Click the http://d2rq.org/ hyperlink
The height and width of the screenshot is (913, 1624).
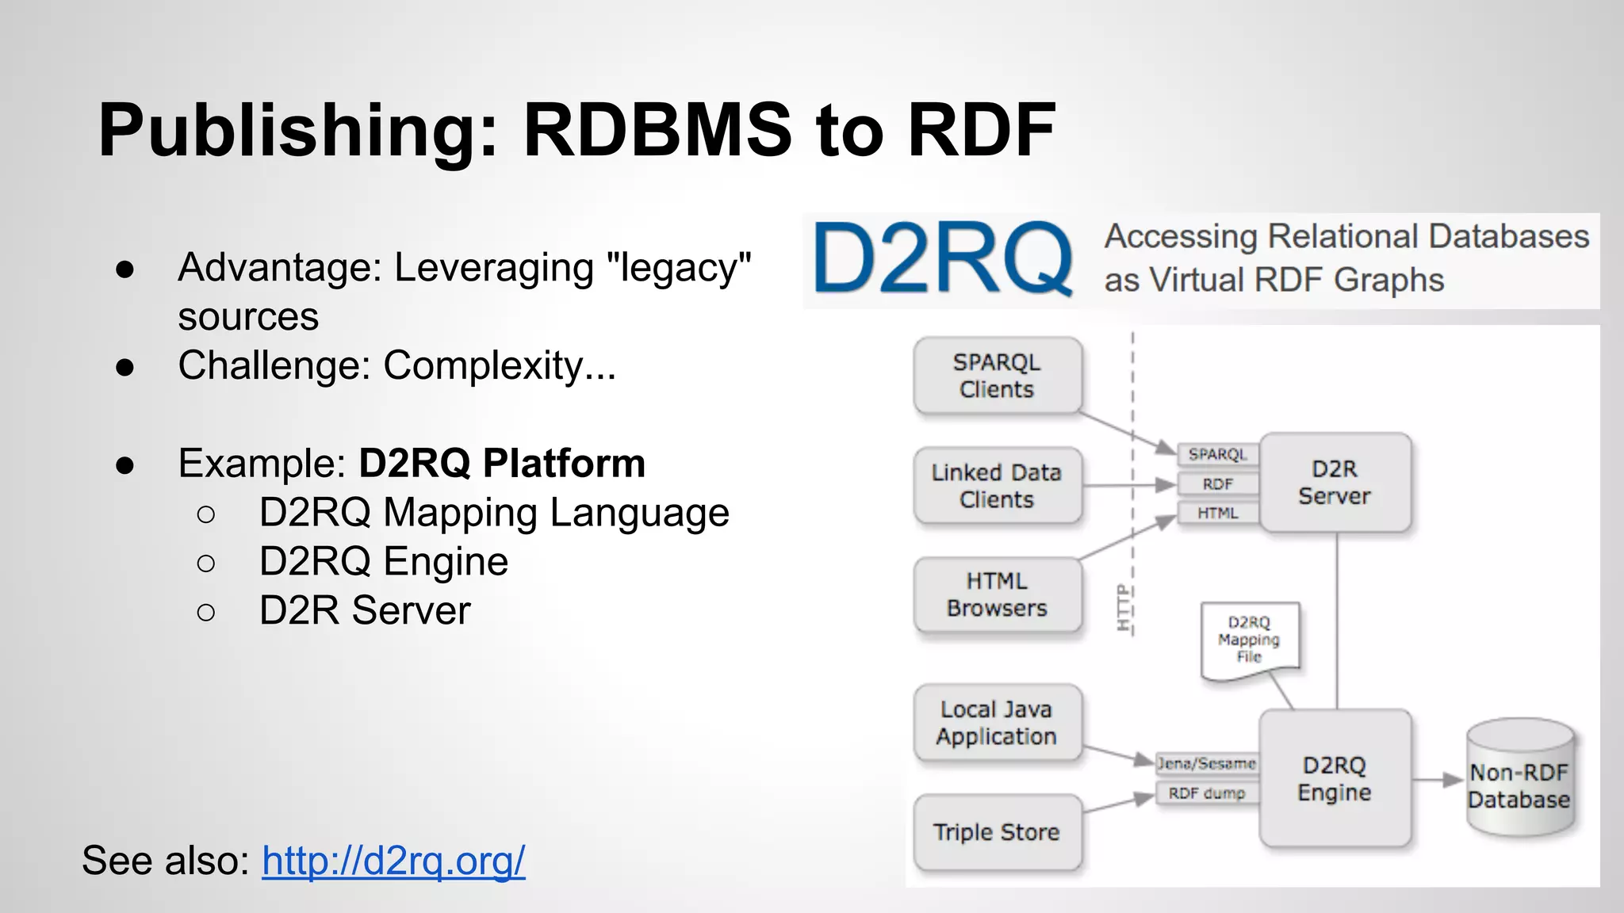pos(393,861)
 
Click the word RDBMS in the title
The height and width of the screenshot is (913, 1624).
pos(657,130)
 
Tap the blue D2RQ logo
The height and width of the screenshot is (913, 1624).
pos(942,259)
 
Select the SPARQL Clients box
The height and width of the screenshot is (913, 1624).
pos(997,376)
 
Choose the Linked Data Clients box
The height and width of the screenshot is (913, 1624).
pos(997,486)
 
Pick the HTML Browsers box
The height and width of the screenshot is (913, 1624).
pos(997,594)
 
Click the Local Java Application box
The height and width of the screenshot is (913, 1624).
pos(997,723)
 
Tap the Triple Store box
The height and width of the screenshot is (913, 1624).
pos(997,832)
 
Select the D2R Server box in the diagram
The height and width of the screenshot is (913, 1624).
pos(1335,483)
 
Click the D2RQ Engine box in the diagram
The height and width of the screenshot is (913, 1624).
pos(1335,779)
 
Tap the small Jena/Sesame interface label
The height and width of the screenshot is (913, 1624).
pos(1206,764)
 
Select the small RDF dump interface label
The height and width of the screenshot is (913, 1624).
pos(1206,793)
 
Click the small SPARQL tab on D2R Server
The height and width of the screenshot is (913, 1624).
pos(1217,454)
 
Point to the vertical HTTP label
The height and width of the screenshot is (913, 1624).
pos(1122,608)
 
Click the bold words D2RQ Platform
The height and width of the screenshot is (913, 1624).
pos(502,464)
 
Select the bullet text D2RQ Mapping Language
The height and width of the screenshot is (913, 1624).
pos(493,513)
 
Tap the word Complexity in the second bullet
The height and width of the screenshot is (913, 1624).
pos(484,366)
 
